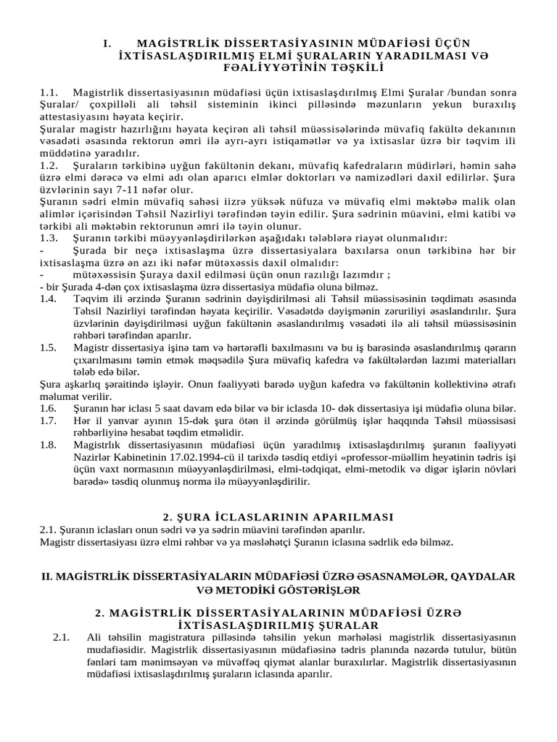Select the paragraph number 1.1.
[x=49, y=93]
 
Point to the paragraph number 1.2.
[x=49, y=162]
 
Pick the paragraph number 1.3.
[x=49, y=238]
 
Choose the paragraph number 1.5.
[x=49, y=348]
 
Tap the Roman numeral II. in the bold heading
[x=47, y=575]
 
